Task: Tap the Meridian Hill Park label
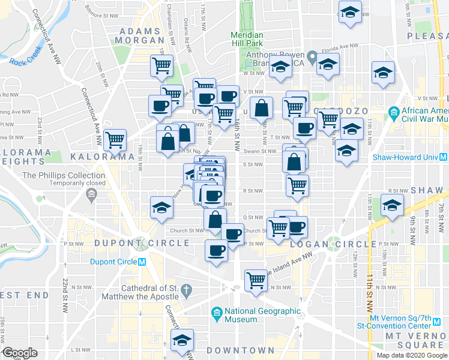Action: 247,39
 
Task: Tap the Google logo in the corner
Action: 20,353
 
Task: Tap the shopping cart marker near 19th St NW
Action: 115,140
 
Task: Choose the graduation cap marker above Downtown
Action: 182,340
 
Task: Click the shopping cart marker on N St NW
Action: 256,280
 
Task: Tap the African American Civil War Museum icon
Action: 394,112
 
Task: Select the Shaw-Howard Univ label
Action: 406,157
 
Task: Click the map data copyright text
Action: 412,355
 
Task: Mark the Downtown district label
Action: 240,350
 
